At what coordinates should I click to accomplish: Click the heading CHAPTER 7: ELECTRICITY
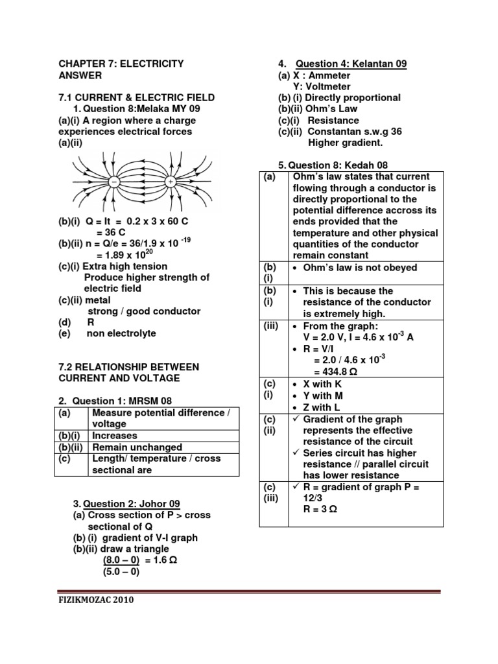(x=121, y=64)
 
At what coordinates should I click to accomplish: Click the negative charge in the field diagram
(x=114, y=183)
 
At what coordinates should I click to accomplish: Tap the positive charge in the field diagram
(x=171, y=183)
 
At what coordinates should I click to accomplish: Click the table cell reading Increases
(x=115, y=436)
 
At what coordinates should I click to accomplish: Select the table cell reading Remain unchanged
(x=137, y=447)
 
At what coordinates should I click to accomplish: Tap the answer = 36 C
(x=111, y=232)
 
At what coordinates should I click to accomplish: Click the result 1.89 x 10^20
(x=123, y=254)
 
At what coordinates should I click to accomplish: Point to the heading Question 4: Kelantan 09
(x=351, y=64)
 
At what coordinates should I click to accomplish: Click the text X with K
(x=322, y=385)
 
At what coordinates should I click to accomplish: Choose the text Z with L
(x=322, y=407)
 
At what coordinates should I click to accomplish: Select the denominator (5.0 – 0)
(x=121, y=572)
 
